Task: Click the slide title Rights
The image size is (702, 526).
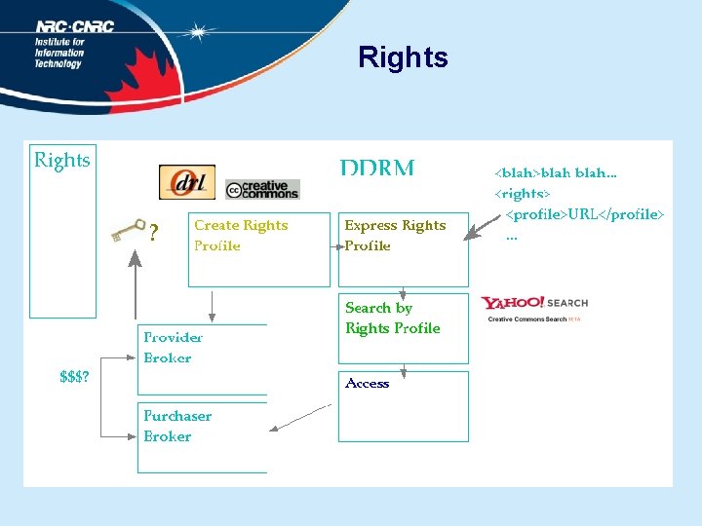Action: tap(403, 57)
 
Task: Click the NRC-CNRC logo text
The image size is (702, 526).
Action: tap(75, 27)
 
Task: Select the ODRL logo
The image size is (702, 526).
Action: tap(186, 182)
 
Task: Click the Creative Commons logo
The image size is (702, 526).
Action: tap(262, 188)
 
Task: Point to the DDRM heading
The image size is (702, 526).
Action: tap(377, 168)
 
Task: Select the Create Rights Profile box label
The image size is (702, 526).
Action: tap(241, 236)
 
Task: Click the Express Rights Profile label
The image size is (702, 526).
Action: tap(394, 236)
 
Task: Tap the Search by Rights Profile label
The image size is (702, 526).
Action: tap(392, 318)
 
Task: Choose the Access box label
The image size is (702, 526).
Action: tap(367, 384)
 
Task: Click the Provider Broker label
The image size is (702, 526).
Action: tap(173, 348)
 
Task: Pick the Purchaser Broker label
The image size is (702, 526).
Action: tap(176, 427)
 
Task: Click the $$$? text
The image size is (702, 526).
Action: tap(75, 378)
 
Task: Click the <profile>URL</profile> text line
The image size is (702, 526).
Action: tap(584, 213)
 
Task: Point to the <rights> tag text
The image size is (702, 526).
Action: tap(523, 193)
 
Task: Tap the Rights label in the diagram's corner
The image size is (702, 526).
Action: tap(62, 160)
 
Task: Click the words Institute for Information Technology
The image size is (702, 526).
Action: tap(59, 54)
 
